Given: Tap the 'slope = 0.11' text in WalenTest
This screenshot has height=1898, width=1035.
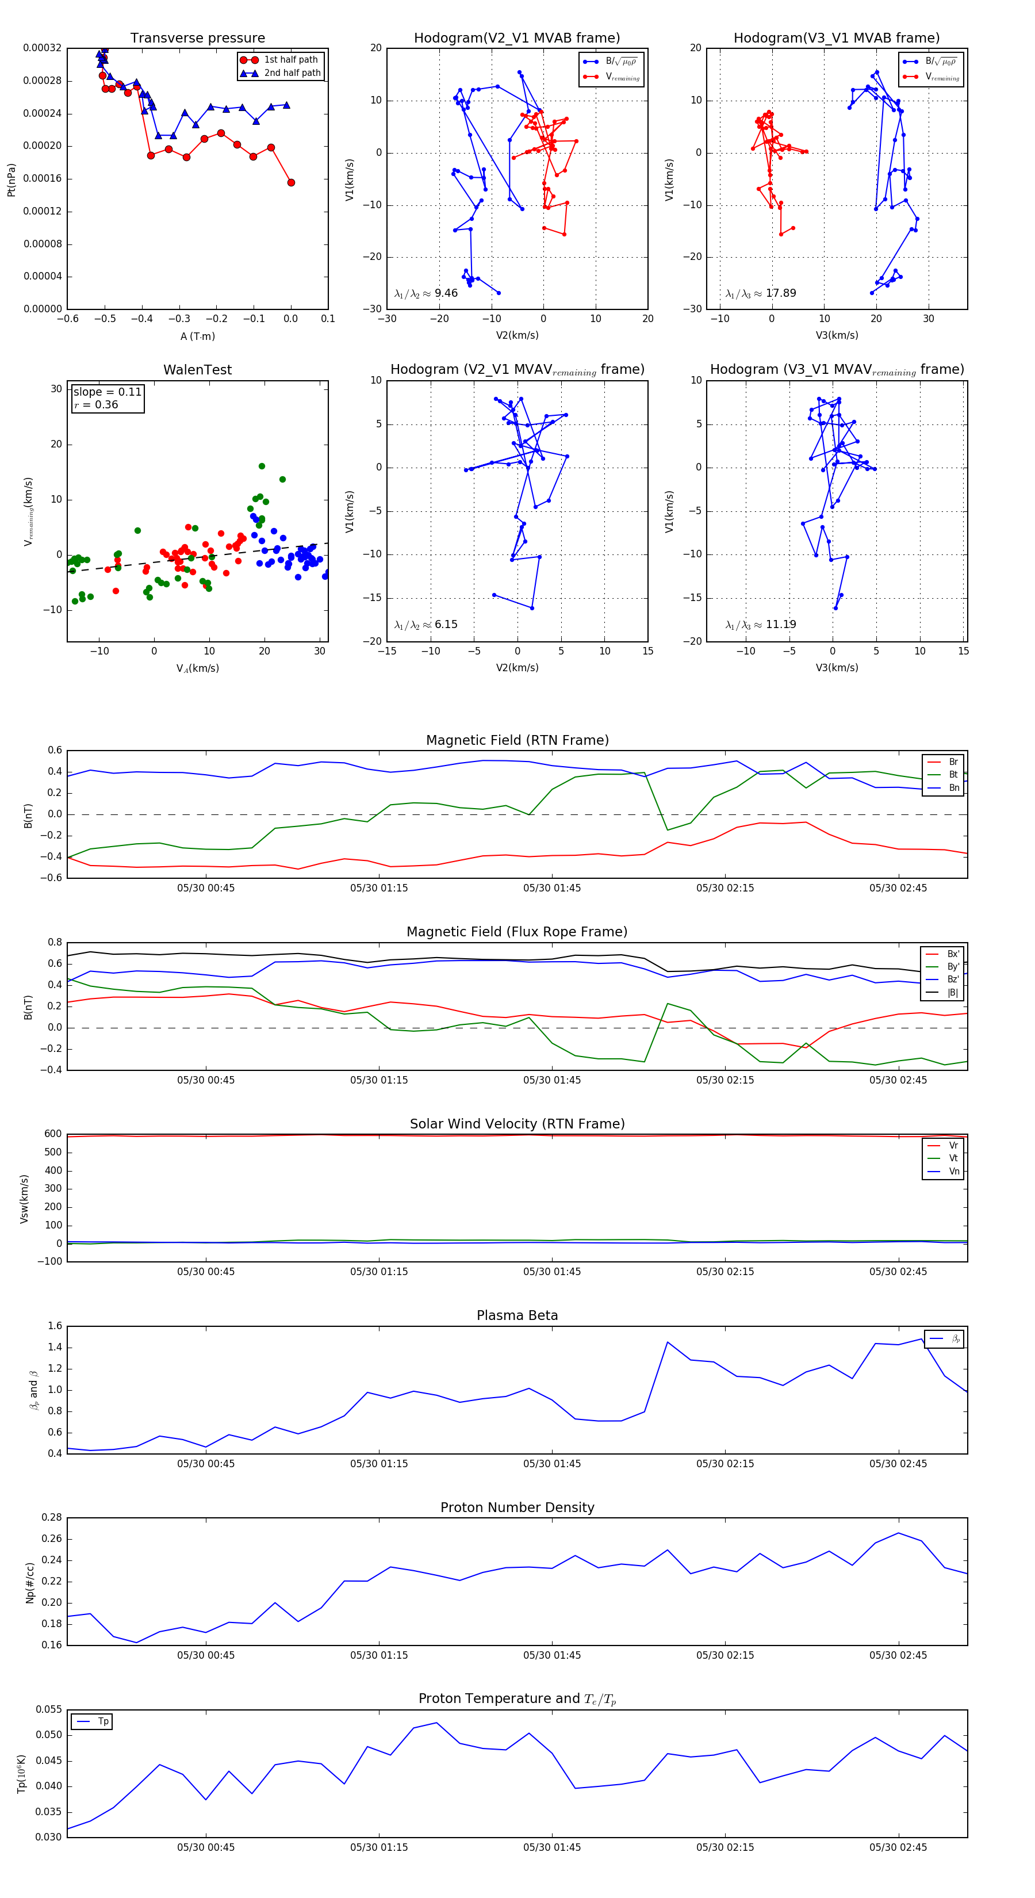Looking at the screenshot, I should click(x=108, y=392).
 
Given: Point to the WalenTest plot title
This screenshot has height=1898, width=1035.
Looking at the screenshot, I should click(x=197, y=370).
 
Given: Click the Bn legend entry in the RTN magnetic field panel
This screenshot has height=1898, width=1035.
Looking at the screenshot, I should click(x=953, y=787).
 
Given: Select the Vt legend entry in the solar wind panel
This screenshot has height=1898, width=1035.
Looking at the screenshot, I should click(x=953, y=1158).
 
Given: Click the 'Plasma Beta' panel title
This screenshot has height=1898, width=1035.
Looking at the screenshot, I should click(x=517, y=1315).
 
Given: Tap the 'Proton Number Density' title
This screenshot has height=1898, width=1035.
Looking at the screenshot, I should click(x=517, y=1507).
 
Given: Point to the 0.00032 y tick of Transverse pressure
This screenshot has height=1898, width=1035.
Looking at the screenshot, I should click(x=42, y=48).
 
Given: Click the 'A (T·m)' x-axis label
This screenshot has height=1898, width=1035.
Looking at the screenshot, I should click(x=197, y=336).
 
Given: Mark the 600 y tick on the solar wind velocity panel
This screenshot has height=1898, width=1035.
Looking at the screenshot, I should click(x=53, y=1134).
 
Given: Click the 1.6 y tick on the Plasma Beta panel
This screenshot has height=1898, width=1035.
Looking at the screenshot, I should click(x=55, y=1326).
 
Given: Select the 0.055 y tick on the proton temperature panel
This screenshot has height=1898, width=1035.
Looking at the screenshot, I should click(x=49, y=1709).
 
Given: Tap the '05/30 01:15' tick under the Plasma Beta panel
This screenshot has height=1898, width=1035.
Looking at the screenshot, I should click(x=379, y=1463).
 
